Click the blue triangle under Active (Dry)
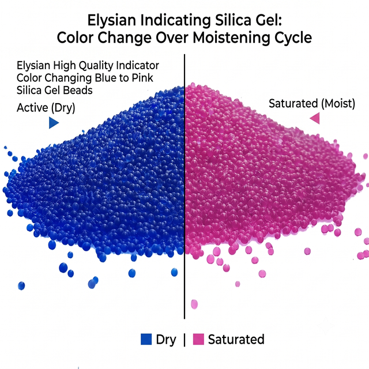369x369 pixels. click(x=54, y=123)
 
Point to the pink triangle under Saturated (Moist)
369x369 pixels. click(x=315, y=118)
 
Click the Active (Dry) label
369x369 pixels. click(x=46, y=108)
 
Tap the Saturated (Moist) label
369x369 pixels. click(x=312, y=104)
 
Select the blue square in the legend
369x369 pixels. click(x=146, y=339)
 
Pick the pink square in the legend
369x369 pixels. click(x=198, y=339)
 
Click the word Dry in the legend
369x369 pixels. click(x=166, y=340)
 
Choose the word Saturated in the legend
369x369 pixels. click(x=236, y=340)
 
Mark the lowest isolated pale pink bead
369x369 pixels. click(x=194, y=304)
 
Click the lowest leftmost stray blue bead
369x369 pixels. click(x=21, y=286)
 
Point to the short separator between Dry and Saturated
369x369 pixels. click(x=184, y=340)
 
